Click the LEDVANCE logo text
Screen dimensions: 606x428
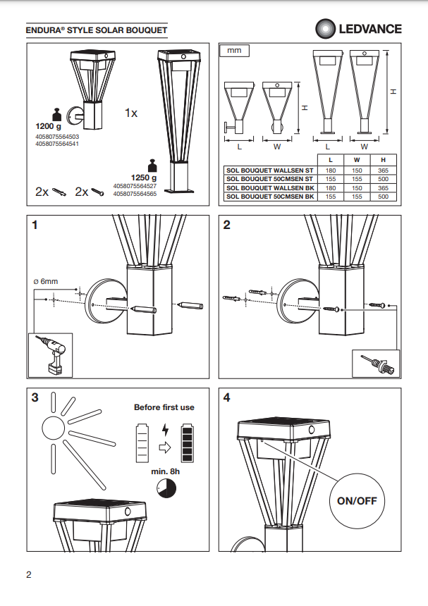click(370, 29)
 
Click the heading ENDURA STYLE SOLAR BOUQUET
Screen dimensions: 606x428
click(97, 31)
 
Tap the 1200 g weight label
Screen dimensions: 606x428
click(49, 125)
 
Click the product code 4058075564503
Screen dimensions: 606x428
click(56, 136)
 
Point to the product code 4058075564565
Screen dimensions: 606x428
click(135, 194)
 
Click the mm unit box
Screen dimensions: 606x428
click(235, 51)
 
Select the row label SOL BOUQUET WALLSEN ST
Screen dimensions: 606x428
click(269, 171)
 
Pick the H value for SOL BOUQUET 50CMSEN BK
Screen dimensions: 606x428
click(382, 197)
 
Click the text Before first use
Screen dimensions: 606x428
click(164, 407)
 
